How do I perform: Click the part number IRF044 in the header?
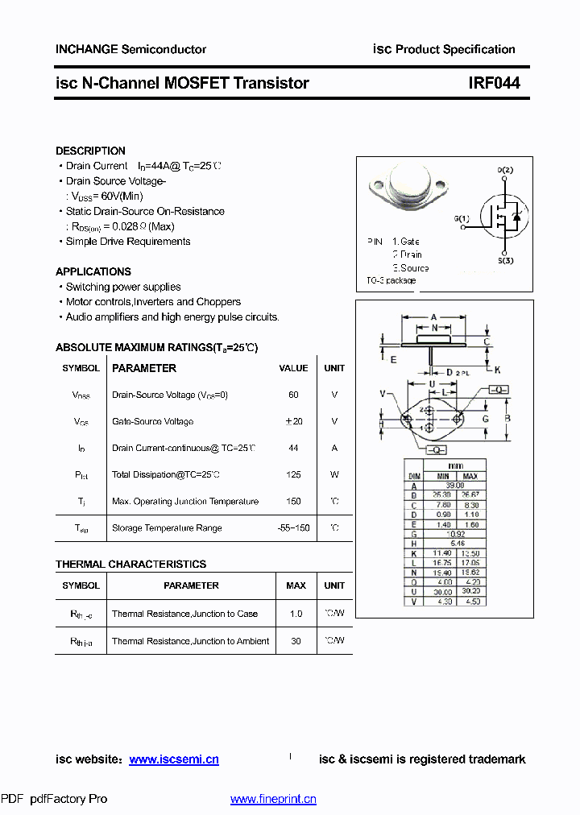click(495, 83)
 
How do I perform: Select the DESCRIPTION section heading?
click(90, 151)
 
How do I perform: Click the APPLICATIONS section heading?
click(93, 271)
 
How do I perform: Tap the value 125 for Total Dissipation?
click(293, 474)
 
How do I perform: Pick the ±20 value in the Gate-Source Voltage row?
click(293, 421)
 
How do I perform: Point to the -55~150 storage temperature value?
click(293, 527)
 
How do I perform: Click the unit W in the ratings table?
click(334, 474)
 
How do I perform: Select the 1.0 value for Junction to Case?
click(296, 614)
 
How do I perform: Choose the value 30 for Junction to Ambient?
click(296, 641)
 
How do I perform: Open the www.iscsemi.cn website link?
click(174, 759)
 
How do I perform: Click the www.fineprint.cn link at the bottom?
click(273, 799)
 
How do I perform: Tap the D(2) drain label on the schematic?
click(505, 170)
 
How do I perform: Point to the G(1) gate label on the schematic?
click(462, 218)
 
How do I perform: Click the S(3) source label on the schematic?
click(505, 261)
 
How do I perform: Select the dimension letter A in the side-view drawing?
click(433, 316)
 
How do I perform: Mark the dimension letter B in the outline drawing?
click(507, 418)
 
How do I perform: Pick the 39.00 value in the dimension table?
click(456, 486)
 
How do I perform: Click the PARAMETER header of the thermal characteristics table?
click(191, 585)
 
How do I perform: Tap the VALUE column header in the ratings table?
click(293, 368)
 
